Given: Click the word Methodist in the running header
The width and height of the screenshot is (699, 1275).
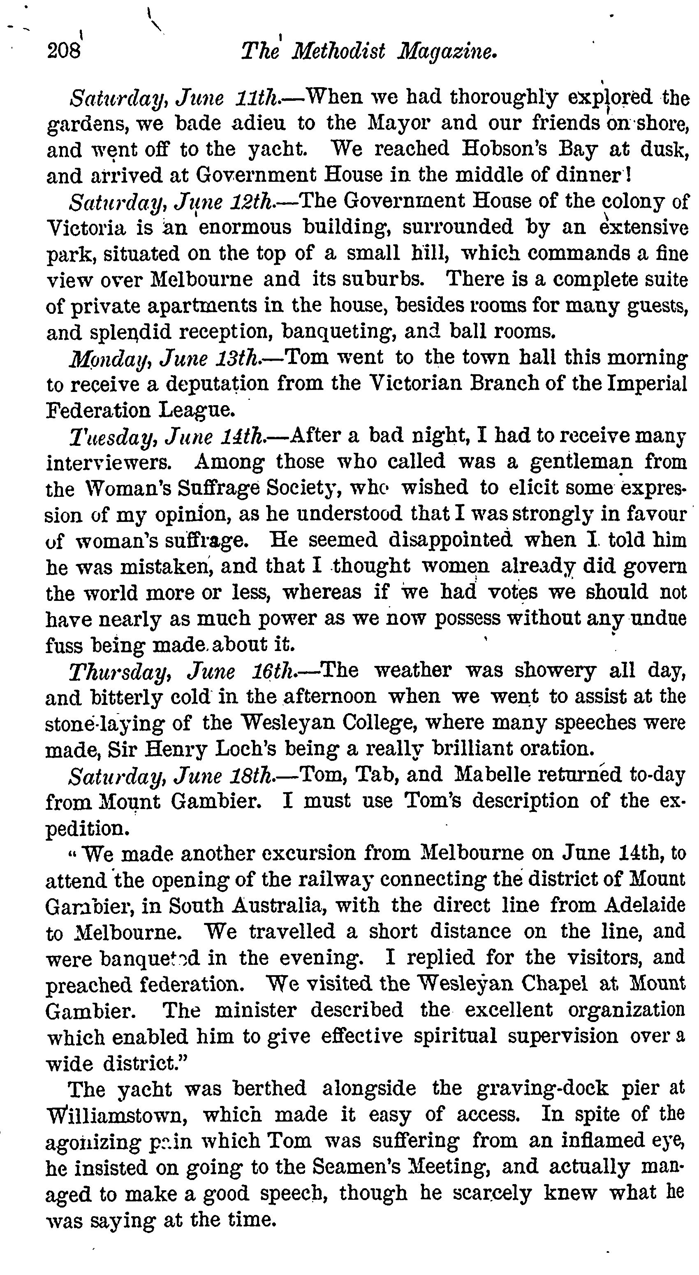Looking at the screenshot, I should click(x=339, y=51).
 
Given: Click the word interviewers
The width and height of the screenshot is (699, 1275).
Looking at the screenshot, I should click(x=109, y=462).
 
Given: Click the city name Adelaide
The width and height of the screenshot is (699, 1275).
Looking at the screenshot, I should click(x=645, y=905).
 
